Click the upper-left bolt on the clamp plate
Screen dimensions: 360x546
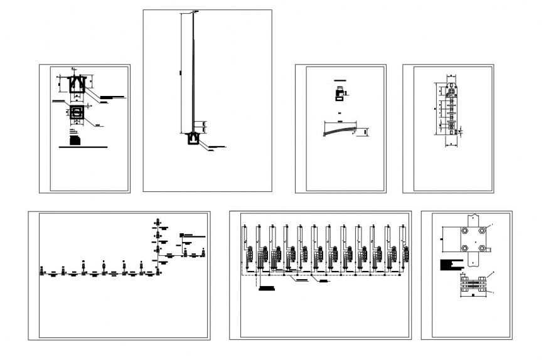464,231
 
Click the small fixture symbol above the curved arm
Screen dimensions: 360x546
340,95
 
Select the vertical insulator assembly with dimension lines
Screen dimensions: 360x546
451,110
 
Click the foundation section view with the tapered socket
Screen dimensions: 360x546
77,85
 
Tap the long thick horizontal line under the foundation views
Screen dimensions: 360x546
82,147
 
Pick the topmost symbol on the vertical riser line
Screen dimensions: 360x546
158,222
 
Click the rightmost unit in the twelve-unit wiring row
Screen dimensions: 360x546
402,248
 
